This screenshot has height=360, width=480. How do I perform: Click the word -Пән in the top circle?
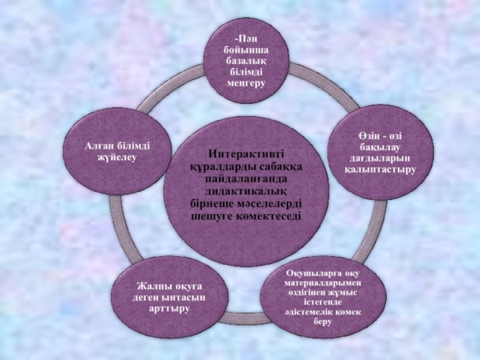click(x=246, y=39)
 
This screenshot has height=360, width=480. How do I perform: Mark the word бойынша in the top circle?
click(x=246, y=50)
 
